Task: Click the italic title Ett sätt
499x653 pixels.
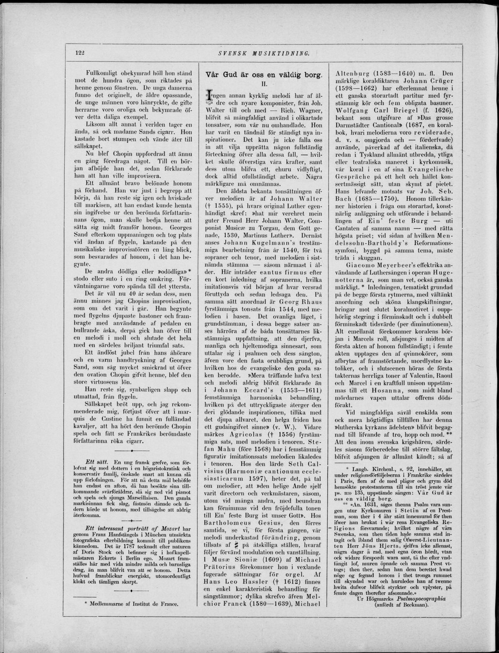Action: click(x=97, y=462)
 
